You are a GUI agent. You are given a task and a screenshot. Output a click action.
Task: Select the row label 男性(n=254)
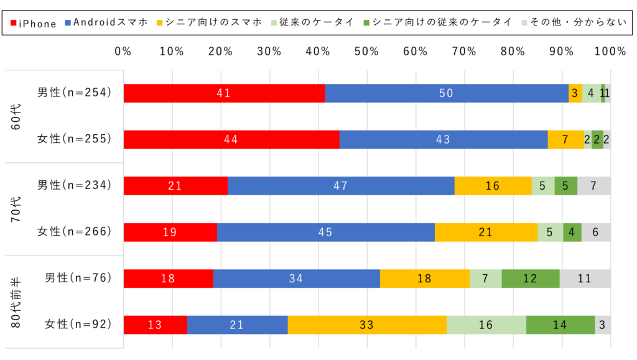tap(74, 93)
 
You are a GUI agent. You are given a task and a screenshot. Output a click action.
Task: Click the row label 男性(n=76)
tap(78, 278)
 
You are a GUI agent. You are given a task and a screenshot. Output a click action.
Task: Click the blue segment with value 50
tap(446, 93)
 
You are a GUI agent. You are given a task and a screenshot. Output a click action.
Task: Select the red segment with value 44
tap(231, 140)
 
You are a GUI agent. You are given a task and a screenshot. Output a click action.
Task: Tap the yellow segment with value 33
tap(367, 325)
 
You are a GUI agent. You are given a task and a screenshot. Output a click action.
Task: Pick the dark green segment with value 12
tap(530, 279)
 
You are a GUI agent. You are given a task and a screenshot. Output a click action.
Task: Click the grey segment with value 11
tap(585, 279)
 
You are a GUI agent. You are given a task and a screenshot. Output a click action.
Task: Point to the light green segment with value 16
tap(486, 325)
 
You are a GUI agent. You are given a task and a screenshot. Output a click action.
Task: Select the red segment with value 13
tap(156, 325)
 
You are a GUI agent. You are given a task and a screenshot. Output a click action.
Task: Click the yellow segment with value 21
tap(486, 232)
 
